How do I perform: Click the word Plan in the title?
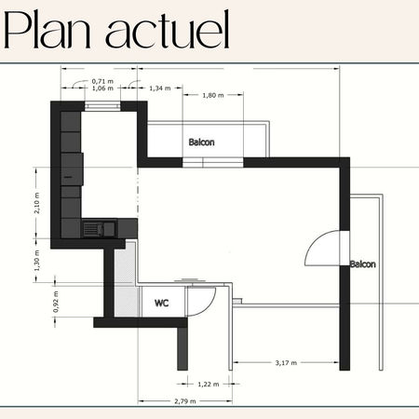point(47,30)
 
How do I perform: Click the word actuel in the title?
point(168,30)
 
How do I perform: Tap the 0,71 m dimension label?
point(102,81)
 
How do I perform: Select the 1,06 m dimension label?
point(102,88)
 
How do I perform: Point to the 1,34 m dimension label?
point(160,88)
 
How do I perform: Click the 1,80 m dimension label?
point(213,96)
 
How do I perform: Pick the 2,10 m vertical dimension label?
point(36,203)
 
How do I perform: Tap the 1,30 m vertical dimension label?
point(36,261)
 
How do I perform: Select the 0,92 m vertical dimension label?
point(56,302)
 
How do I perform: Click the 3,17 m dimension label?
point(286,363)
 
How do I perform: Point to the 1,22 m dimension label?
point(209,385)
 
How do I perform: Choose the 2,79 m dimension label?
point(185,401)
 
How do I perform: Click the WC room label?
point(162,303)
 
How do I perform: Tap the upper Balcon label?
point(202,142)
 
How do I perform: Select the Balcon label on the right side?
point(363,264)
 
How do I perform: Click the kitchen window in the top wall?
point(102,106)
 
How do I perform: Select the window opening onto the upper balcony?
point(212,162)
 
